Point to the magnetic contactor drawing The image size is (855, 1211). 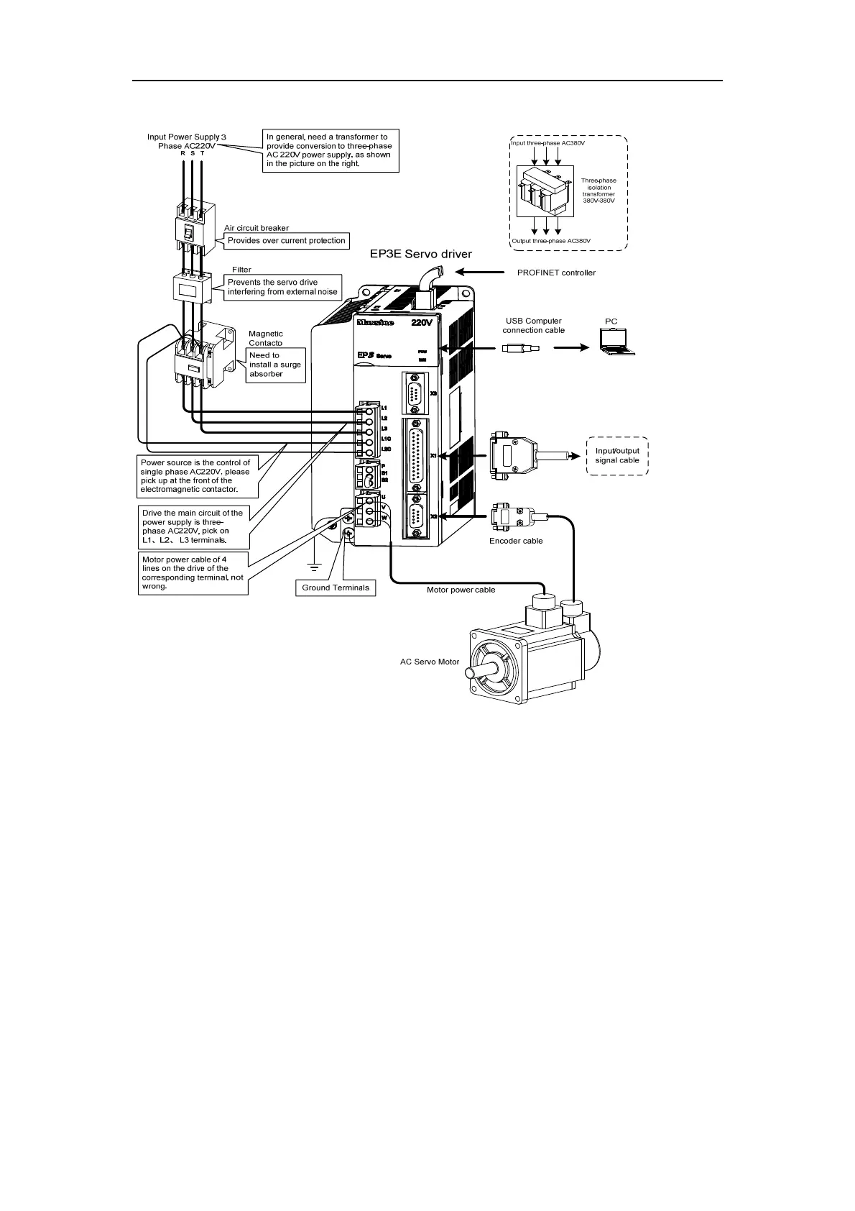click(205, 356)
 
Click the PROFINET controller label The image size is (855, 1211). click(556, 273)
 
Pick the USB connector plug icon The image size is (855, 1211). click(519, 348)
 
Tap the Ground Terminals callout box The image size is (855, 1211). click(336, 588)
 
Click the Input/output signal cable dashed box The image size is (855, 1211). click(617, 456)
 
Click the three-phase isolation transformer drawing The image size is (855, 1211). click(546, 191)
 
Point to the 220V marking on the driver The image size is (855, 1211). click(422, 323)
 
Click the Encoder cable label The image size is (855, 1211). click(516, 541)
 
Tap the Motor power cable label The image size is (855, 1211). click(461, 590)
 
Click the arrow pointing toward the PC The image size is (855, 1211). click(570, 348)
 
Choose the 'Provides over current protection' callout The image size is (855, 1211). click(287, 240)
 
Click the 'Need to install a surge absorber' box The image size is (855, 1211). click(275, 365)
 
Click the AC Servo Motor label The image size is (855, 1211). click(429, 662)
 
